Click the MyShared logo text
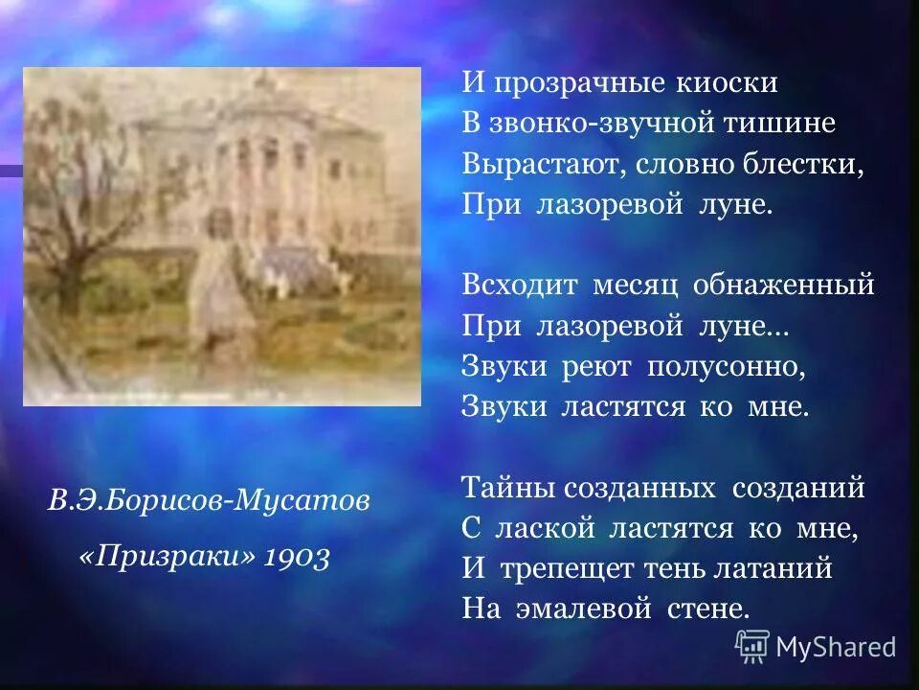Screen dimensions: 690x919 836,647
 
